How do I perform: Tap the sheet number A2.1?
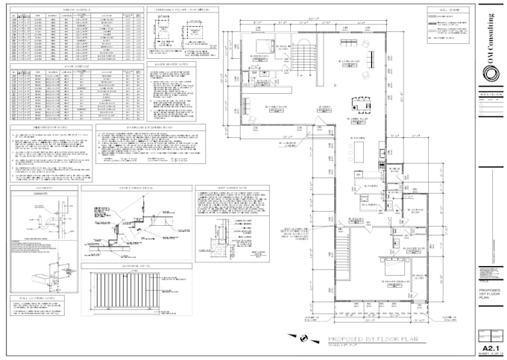pos(490,347)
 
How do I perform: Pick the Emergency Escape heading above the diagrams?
pos(177,10)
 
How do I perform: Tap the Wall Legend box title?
pos(440,10)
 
